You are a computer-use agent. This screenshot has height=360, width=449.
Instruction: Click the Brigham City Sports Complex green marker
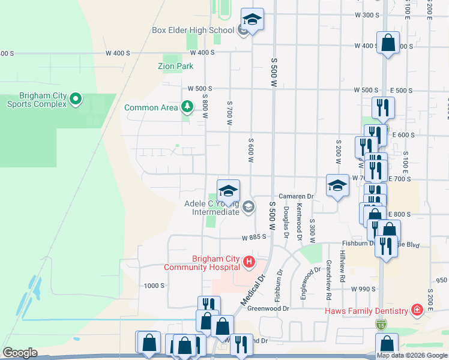coord(76,98)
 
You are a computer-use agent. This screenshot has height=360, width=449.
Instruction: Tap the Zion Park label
coord(176,66)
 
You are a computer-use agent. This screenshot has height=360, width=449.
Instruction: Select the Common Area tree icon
coord(188,107)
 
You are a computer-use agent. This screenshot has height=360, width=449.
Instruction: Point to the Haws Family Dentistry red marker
coord(416,310)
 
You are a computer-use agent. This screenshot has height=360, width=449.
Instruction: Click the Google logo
coord(19,353)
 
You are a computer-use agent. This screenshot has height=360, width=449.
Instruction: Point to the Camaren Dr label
coord(297,196)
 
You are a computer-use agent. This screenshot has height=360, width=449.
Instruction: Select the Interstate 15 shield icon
coord(381,325)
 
